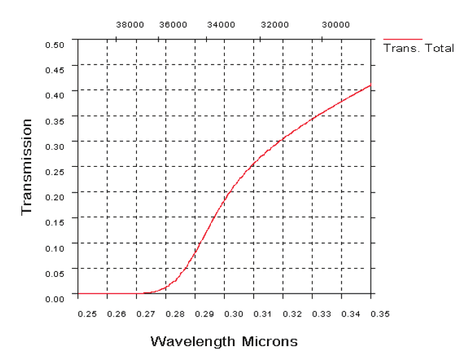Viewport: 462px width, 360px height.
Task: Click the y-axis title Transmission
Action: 27,167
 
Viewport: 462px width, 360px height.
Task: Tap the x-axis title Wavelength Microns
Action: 224,341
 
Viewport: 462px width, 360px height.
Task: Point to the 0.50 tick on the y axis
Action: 55,44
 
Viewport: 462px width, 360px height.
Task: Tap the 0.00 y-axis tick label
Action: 55,298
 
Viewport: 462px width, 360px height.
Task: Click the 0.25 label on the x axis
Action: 87,314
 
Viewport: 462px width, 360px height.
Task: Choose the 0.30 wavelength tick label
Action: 234,314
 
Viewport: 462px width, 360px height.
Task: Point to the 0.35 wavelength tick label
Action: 380,314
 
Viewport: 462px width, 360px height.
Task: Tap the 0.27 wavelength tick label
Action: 146,314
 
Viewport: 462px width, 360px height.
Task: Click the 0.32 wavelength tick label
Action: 293,314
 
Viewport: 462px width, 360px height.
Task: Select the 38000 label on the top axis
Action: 129,24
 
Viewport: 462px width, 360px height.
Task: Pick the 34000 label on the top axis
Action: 221,24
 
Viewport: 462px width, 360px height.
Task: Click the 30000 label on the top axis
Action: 336,24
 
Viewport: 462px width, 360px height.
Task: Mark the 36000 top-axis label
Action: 173,24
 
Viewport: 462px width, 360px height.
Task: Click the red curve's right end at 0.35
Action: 371,85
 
